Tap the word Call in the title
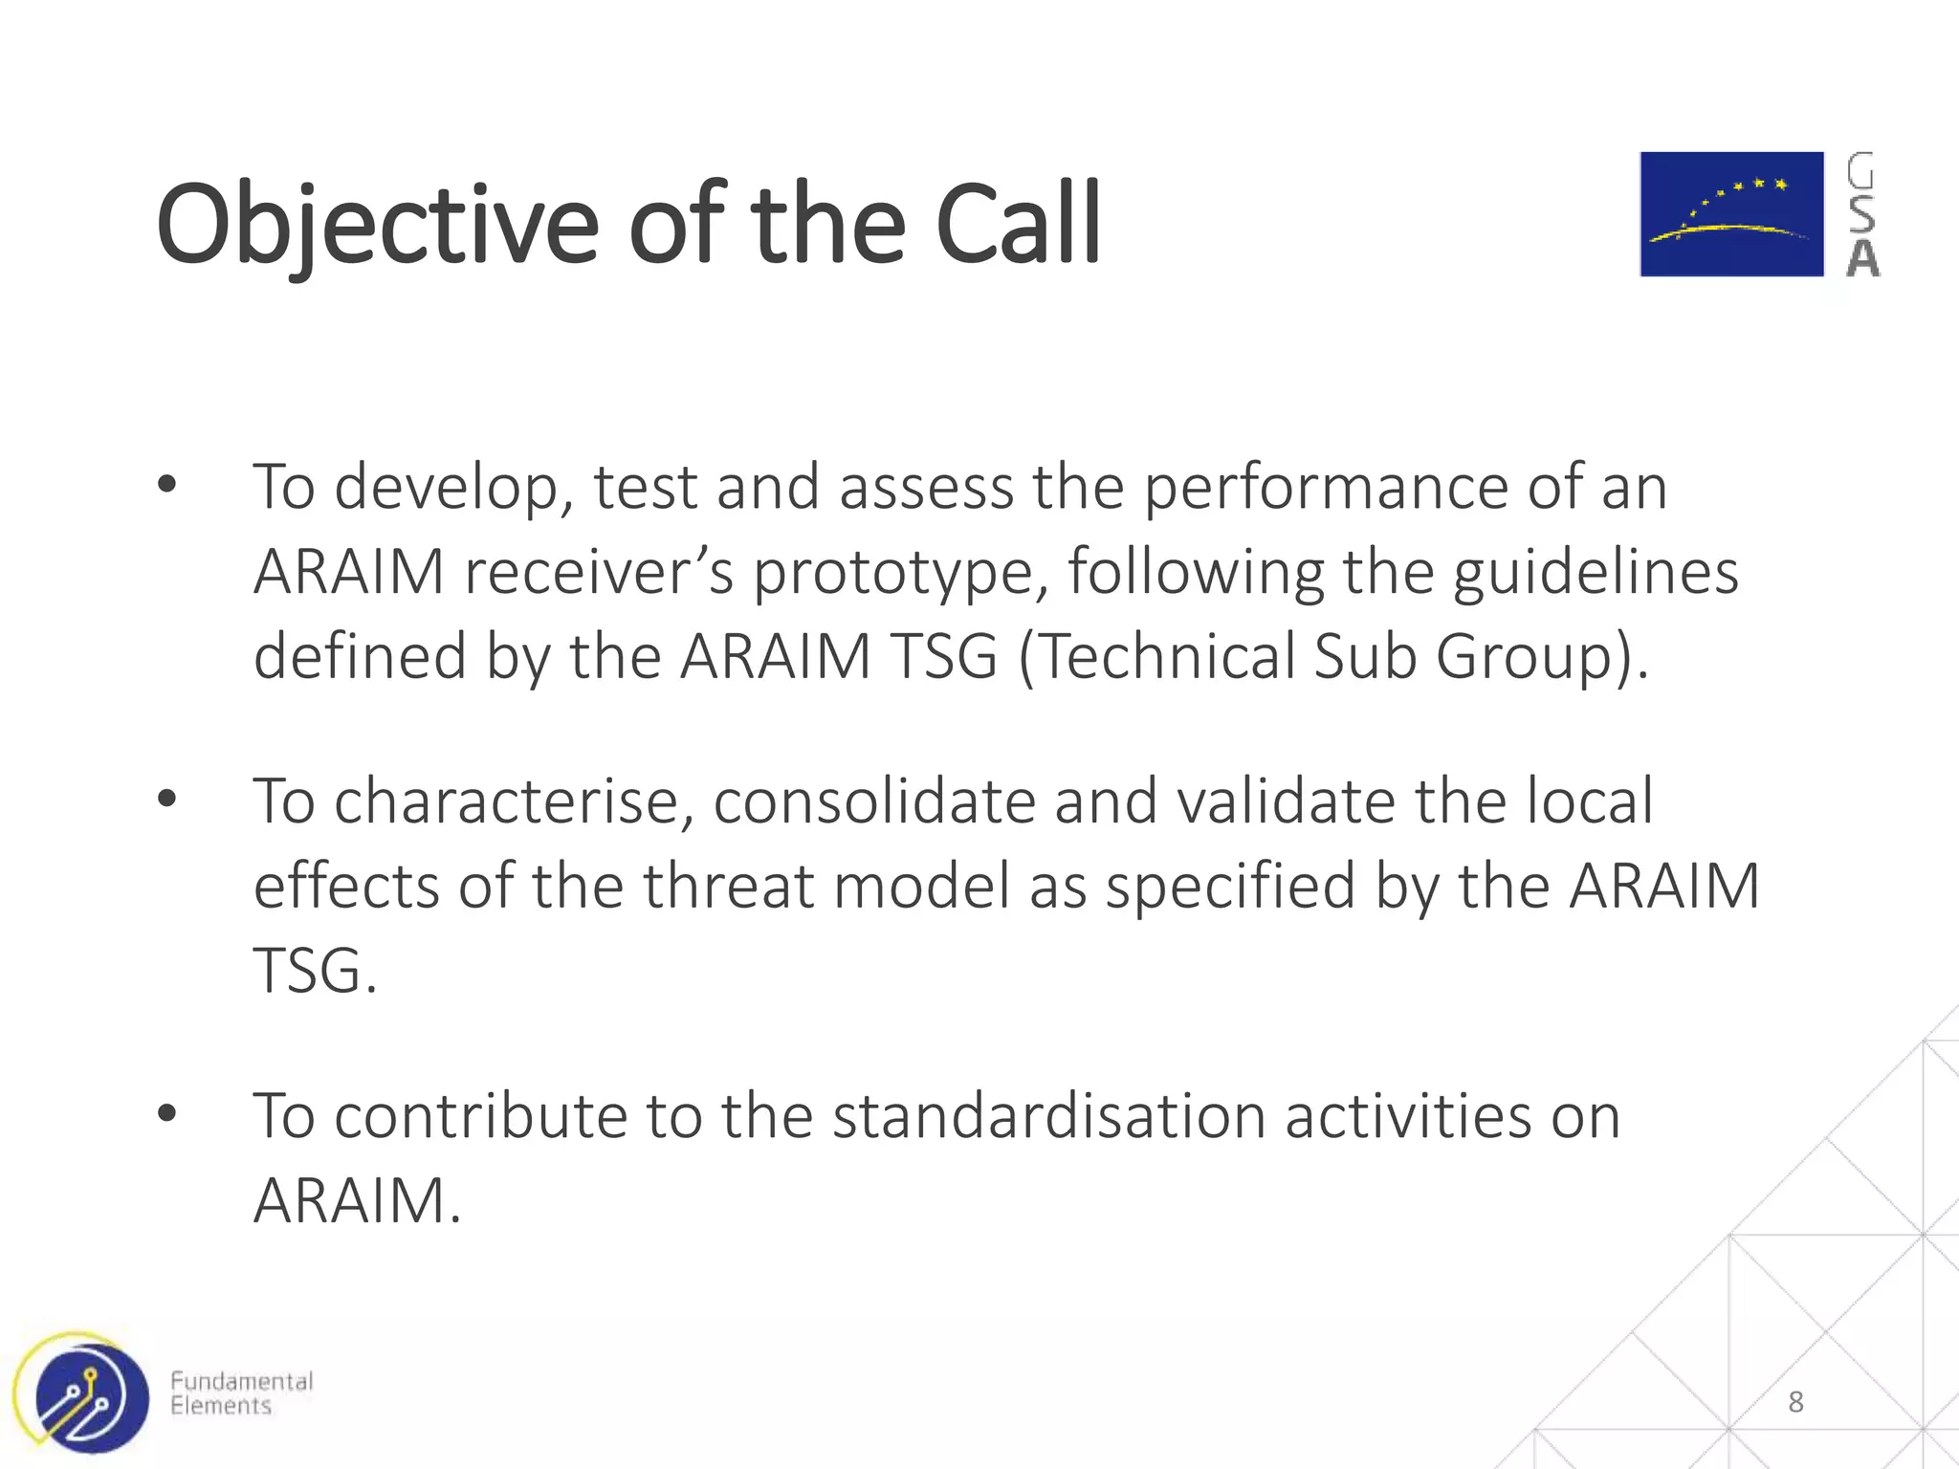point(1018,226)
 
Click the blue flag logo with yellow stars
point(1731,214)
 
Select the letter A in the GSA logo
point(1861,259)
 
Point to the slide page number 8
point(1795,1402)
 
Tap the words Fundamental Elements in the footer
point(241,1393)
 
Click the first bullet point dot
point(167,486)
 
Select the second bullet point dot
point(167,799)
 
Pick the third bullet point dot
point(167,1113)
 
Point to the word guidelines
point(1596,572)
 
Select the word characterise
point(513,800)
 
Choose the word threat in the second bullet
point(727,885)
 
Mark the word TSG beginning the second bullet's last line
point(308,970)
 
